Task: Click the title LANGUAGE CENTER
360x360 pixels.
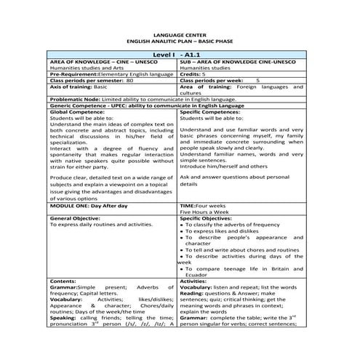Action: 179,34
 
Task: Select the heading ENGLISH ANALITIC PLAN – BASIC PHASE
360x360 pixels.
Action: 179,41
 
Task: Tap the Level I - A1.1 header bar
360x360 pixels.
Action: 179,55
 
